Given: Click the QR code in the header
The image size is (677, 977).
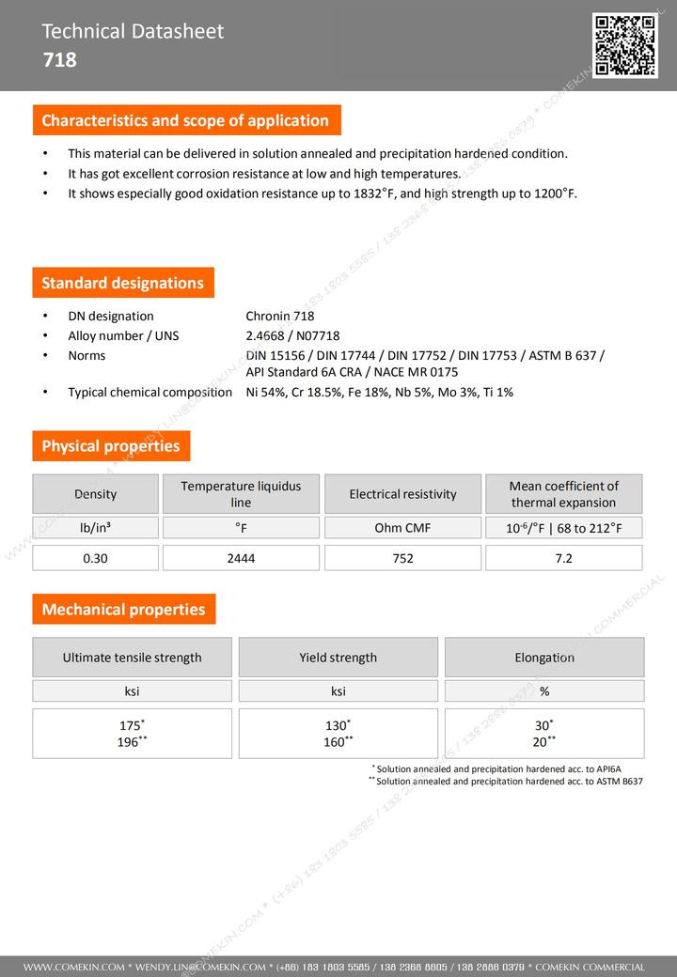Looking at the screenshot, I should click(x=624, y=45).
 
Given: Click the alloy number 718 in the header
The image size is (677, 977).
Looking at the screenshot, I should click(x=59, y=60).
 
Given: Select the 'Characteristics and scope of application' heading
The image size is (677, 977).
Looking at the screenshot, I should click(x=185, y=120).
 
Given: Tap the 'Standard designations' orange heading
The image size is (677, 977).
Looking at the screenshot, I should click(x=122, y=283).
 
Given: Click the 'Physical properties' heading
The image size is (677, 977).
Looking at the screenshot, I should click(x=110, y=446).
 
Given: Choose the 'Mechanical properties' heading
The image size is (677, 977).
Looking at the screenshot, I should click(x=123, y=609).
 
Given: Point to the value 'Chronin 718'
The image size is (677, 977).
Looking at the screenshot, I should click(x=279, y=317).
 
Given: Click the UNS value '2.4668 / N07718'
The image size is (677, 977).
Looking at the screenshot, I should click(x=292, y=335).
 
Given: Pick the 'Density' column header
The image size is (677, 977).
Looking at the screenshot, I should click(x=95, y=494).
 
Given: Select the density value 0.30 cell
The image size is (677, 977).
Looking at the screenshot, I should click(x=95, y=558).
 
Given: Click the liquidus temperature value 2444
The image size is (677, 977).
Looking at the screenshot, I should click(x=241, y=558).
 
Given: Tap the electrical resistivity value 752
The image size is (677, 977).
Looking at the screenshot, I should click(x=402, y=558).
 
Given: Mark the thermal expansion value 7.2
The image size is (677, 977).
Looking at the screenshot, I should click(x=563, y=558).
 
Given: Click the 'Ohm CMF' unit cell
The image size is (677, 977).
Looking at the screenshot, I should click(x=402, y=528).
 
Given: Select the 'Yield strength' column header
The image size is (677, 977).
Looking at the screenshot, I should click(x=338, y=658).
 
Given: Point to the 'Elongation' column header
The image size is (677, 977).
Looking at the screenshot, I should click(x=544, y=658).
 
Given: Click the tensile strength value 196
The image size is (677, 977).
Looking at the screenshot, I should click(x=130, y=742).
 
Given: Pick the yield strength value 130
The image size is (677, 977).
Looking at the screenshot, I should click(x=337, y=726).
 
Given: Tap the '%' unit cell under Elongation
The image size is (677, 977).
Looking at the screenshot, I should click(x=544, y=691).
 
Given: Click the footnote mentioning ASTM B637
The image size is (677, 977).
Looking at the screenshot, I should click(x=508, y=781).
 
